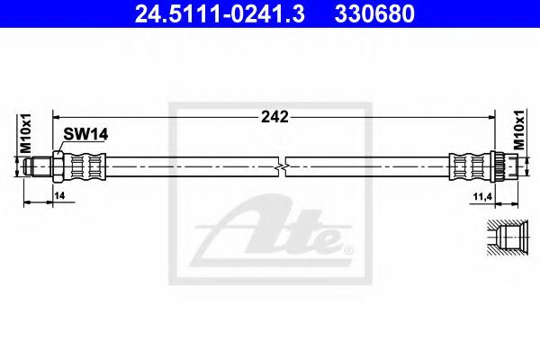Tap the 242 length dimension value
click(277, 116)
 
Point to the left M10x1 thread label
click(26, 133)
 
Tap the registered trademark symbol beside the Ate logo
click(349, 249)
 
